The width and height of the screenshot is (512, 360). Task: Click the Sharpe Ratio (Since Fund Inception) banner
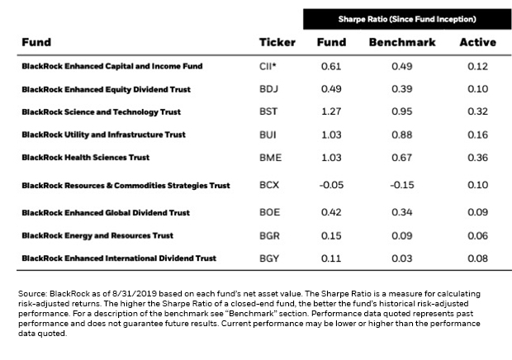407,19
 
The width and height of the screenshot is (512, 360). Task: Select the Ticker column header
277,42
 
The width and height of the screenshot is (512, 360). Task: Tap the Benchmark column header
402,42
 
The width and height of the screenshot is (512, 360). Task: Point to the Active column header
477,42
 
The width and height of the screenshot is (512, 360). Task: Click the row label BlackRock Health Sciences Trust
86,158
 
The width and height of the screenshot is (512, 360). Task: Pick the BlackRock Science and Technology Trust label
102,112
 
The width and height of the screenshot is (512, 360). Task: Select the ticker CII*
268,66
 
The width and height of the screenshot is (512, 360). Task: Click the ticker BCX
269,185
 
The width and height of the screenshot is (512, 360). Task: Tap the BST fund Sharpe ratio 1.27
331,111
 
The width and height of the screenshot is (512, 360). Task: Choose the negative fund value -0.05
331,185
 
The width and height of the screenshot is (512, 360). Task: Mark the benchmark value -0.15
402,185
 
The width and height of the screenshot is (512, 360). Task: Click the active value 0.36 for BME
477,158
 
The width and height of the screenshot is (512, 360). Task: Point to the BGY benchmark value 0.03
402,258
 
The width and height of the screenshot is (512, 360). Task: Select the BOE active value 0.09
477,212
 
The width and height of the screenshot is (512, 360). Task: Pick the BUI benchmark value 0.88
402,135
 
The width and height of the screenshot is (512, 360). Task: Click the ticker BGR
269,235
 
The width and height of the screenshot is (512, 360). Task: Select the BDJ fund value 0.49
331,89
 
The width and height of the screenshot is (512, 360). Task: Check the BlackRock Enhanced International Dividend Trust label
119,258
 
